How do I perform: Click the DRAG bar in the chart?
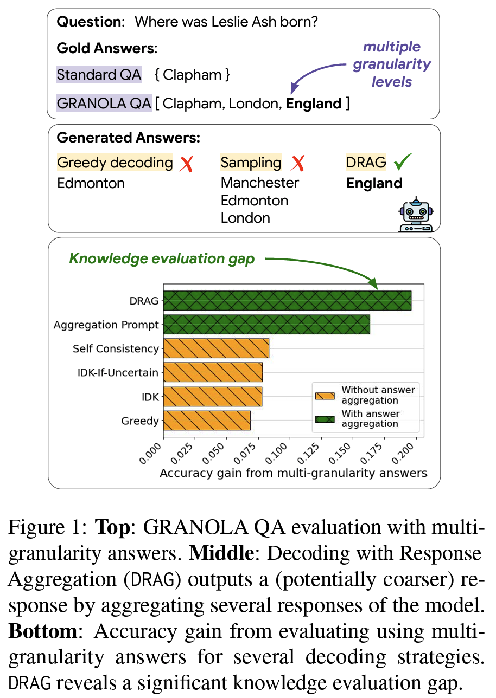[x=287, y=301]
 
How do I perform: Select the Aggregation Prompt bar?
[x=266, y=325]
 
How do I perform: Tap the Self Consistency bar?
[x=216, y=348]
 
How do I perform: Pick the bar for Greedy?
[x=207, y=421]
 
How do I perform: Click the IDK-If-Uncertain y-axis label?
[x=117, y=372]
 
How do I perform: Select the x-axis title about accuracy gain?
[x=293, y=473]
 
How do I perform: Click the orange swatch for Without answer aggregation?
[x=325, y=395]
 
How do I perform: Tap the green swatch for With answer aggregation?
[x=325, y=418]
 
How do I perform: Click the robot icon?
[x=415, y=215]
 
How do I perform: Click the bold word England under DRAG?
[x=374, y=183]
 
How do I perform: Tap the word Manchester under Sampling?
[x=260, y=183]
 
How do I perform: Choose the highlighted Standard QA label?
[x=99, y=75]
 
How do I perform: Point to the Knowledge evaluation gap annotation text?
[x=162, y=259]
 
